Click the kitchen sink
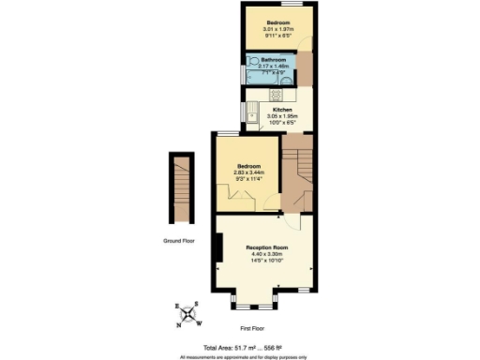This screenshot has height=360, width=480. pos(252,115)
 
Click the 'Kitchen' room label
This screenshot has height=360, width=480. pos(270,109)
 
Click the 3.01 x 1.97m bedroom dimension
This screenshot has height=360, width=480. pos(278,29)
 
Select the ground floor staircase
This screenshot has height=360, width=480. pos(182,187)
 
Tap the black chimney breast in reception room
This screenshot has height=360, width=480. pos(218,248)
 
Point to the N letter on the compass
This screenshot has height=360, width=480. pos(179,324)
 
